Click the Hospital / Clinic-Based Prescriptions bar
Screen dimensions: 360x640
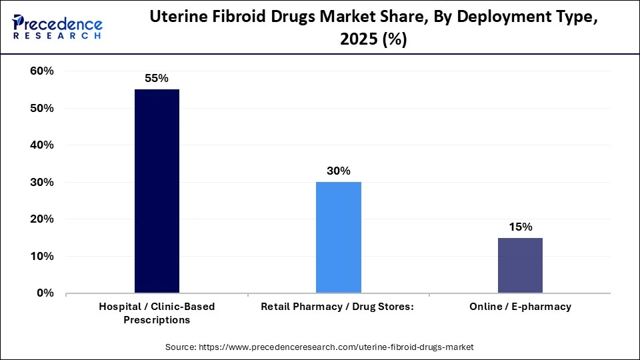tap(157, 191)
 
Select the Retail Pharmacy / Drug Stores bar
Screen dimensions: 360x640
tap(338, 237)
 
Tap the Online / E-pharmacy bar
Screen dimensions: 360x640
tap(520, 265)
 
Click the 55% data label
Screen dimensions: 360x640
tap(157, 78)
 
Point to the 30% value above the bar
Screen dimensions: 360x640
tap(338, 171)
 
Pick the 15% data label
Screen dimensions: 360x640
tap(520, 227)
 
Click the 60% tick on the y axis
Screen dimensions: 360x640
tap(41, 71)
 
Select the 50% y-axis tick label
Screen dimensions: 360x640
tap(41, 108)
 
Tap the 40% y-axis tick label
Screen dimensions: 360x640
tap(41, 145)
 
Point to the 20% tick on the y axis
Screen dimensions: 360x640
tap(41, 219)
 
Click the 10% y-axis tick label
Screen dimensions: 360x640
tap(41, 256)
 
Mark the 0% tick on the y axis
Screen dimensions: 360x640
tap(45, 293)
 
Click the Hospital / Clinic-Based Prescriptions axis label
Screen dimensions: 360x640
tap(157, 313)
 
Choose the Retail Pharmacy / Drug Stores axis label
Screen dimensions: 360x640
tap(338, 307)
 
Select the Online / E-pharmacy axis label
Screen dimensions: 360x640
tap(520, 307)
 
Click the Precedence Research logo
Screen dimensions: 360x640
tap(57, 27)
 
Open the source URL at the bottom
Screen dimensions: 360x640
tap(319, 347)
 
